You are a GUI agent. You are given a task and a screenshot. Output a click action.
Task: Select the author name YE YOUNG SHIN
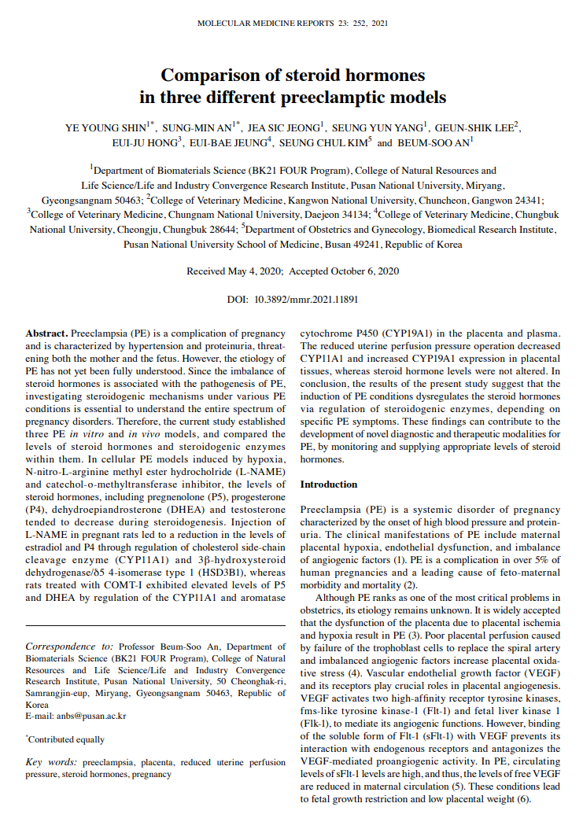pos(104,127)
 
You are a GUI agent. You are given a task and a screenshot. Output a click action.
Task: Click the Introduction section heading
pos(329,485)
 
